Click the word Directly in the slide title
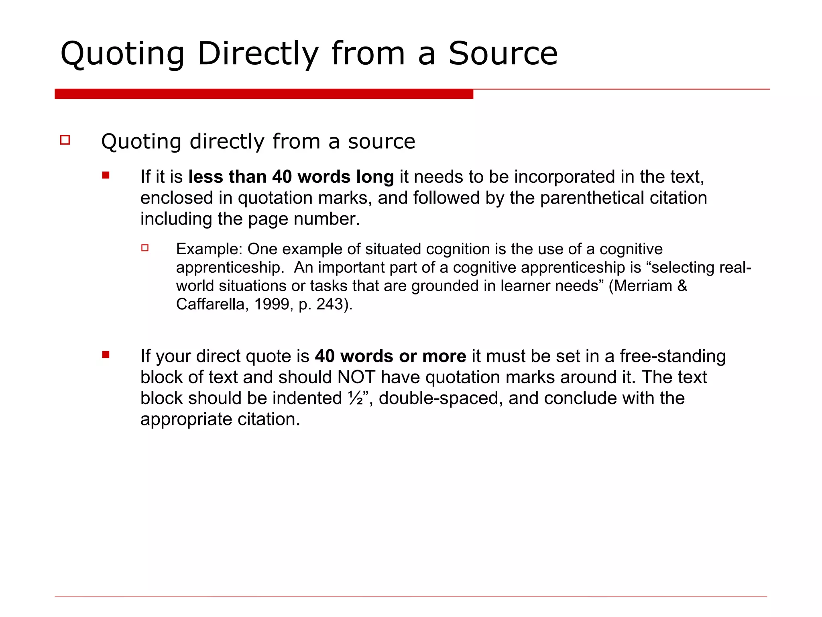(x=258, y=54)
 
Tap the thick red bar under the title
(x=264, y=94)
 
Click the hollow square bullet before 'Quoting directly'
(x=65, y=140)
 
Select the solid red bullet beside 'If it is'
(x=106, y=175)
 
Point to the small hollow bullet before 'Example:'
(x=145, y=248)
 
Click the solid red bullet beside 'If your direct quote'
(x=106, y=354)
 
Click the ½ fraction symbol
(x=355, y=398)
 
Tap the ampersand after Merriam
(x=682, y=286)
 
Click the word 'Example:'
(x=209, y=249)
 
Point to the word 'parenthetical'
(x=592, y=198)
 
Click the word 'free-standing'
(x=673, y=356)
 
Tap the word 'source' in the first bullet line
(x=381, y=141)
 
